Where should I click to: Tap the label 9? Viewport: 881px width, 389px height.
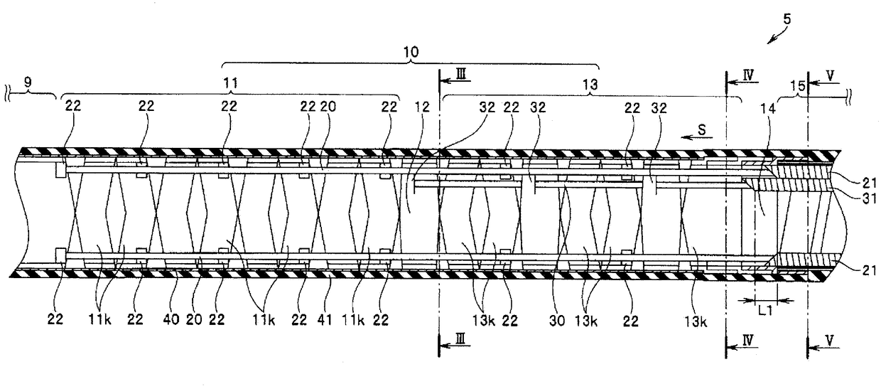coord(28,82)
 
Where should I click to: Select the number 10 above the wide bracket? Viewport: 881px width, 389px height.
coord(411,52)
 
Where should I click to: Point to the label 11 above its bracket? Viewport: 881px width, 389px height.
coord(229,82)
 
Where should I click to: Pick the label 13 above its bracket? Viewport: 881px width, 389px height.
coord(590,82)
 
